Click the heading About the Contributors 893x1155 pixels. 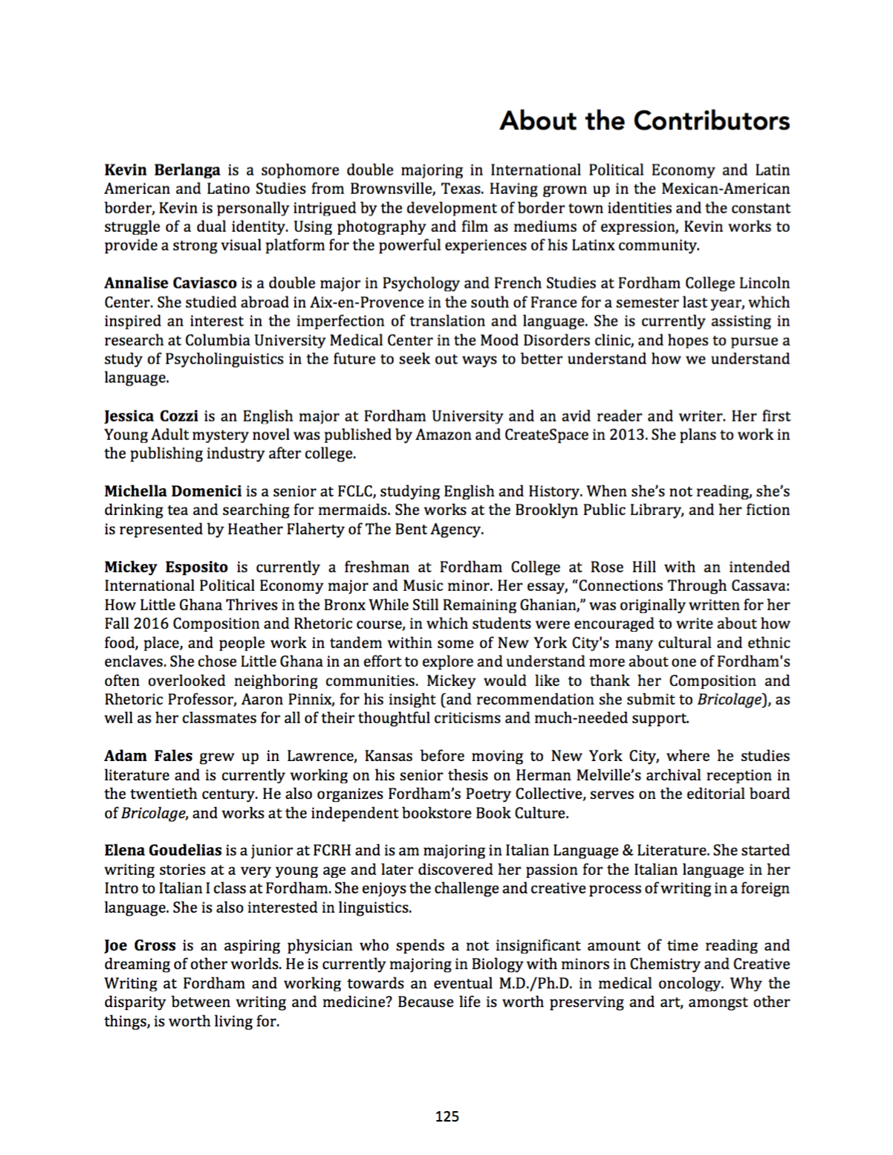pos(644,120)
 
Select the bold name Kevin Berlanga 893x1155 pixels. pos(162,170)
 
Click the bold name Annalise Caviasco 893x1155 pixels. pos(170,283)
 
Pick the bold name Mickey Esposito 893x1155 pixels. pos(166,567)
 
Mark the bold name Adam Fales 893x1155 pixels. pos(148,756)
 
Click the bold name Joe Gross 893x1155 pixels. pos(140,945)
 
